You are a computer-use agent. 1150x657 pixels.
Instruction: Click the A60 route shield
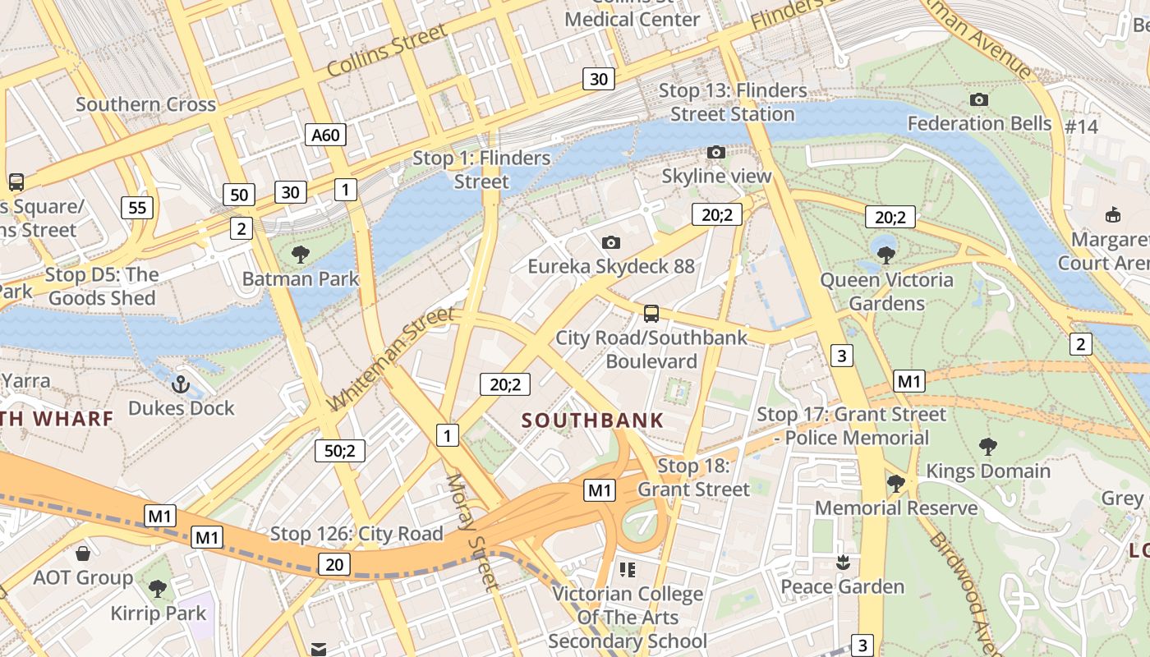point(325,135)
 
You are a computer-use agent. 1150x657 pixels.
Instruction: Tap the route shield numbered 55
point(137,207)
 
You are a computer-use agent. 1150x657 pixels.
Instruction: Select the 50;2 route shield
point(339,450)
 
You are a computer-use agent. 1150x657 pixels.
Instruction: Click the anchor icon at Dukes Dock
point(180,384)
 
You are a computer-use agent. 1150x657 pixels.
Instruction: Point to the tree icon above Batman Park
point(301,254)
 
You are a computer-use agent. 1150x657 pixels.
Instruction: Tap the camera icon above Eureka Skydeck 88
point(610,242)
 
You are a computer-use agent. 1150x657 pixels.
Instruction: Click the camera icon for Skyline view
point(716,152)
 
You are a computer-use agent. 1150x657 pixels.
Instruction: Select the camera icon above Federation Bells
point(978,99)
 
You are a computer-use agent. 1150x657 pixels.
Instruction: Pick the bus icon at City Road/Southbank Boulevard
point(651,313)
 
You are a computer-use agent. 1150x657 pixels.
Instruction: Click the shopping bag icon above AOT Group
point(82,554)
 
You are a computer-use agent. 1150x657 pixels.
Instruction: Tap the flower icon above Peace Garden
point(842,563)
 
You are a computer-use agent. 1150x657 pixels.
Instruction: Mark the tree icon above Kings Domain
point(988,447)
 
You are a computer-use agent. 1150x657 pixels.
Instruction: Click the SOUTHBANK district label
point(592,420)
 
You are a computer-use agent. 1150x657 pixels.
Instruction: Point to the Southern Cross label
point(145,104)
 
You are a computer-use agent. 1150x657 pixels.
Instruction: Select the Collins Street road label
point(387,50)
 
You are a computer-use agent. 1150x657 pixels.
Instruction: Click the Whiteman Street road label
point(391,359)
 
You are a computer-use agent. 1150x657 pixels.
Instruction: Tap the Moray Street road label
point(471,531)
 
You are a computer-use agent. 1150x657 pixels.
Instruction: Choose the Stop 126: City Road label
point(356,534)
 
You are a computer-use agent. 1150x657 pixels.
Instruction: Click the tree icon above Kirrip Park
point(157,588)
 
